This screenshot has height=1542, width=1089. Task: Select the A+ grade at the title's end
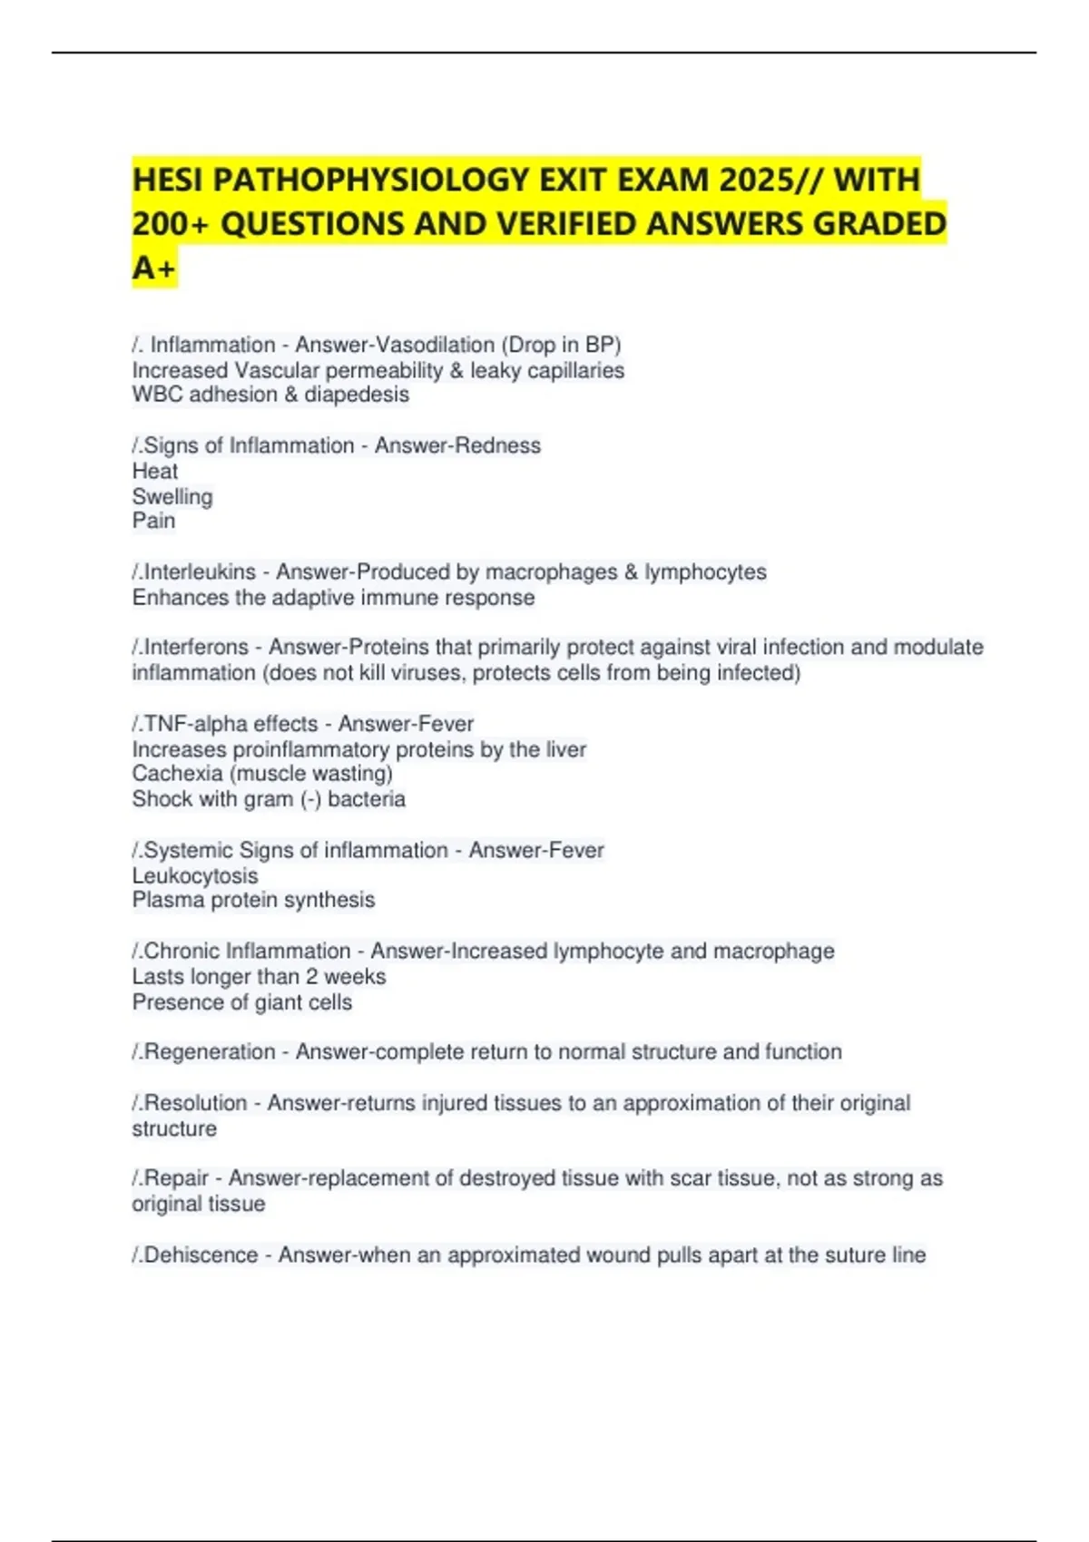pos(153,268)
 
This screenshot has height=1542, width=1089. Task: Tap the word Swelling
pos(172,496)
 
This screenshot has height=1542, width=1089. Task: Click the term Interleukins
pos(200,572)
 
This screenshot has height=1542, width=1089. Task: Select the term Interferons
pos(196,647)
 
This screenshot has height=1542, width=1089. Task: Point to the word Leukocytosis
pos(195,875)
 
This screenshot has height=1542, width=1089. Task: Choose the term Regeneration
pos(210,1052)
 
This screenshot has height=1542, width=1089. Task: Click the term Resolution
pos(195,1103)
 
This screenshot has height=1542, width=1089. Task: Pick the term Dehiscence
pos(201,1255)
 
